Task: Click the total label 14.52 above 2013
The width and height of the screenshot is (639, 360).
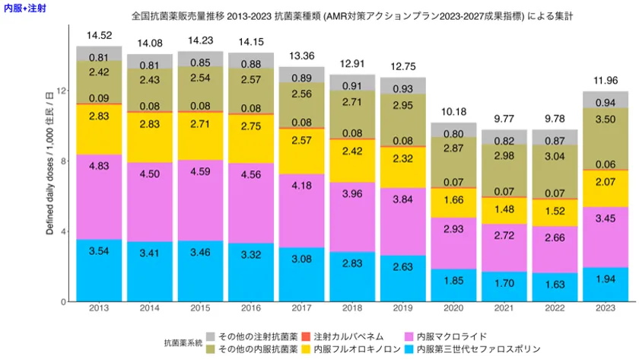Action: pyautogui.click(x=99, y=35)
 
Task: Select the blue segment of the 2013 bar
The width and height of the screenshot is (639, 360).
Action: pyautogui.click(x=99, y=270)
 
